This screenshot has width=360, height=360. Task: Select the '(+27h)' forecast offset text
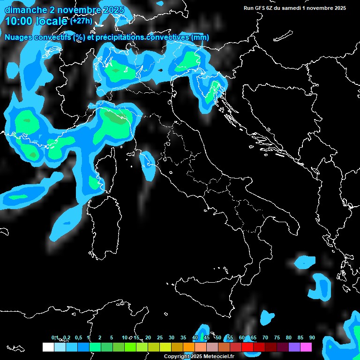81,21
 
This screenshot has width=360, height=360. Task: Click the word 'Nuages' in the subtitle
18,37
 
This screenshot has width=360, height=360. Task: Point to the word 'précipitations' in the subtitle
119,37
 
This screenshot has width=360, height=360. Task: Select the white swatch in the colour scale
48,347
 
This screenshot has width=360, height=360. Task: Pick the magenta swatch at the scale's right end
306,347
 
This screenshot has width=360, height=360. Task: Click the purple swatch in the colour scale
294,347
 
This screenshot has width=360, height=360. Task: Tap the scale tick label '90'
312,337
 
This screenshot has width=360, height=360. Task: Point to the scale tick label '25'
160,337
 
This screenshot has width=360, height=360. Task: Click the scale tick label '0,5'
78,337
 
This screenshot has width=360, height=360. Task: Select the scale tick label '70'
265,337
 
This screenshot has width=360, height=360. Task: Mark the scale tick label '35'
183,337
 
